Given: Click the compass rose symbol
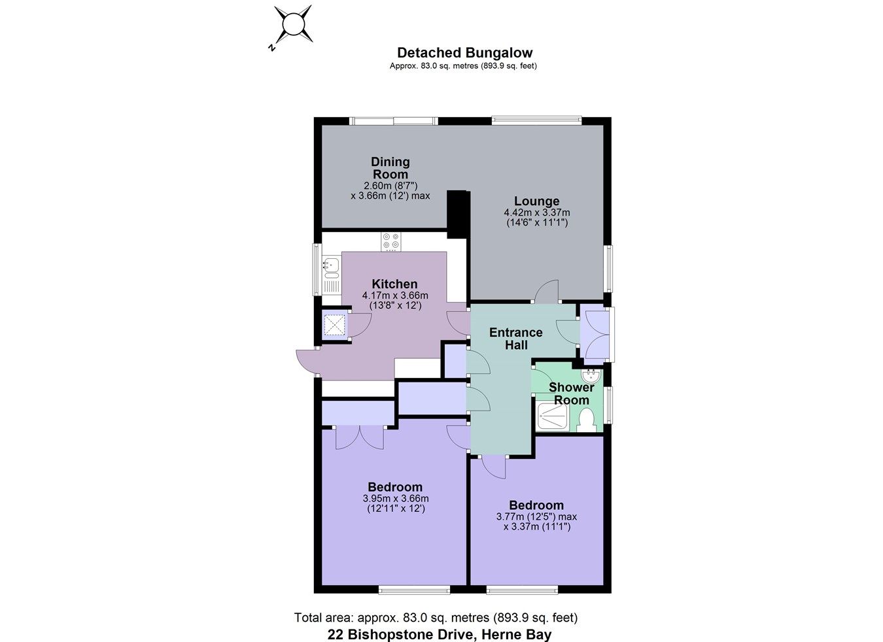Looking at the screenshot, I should [x=292, y=25].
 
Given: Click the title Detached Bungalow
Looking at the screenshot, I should [x=464, y=53].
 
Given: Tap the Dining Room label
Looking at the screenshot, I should [x=390, y=168].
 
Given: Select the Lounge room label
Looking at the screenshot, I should [x=536, y=201].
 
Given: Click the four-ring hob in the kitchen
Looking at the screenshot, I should [x=391, y=242].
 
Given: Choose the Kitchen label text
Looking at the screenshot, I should [x=394, y=284].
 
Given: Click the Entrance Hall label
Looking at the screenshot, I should [x=515, y=339].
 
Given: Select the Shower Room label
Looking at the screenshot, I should [x=572, y=394].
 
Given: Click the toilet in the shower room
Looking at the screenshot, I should [x=586, y=419].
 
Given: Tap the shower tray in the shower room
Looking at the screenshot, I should [x=553, y=416].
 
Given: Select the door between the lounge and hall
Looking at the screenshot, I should [x=547, y=292].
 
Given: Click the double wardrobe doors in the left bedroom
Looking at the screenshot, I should [x=359, y=437].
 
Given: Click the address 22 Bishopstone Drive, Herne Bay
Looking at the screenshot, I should [x=439, y=634].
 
